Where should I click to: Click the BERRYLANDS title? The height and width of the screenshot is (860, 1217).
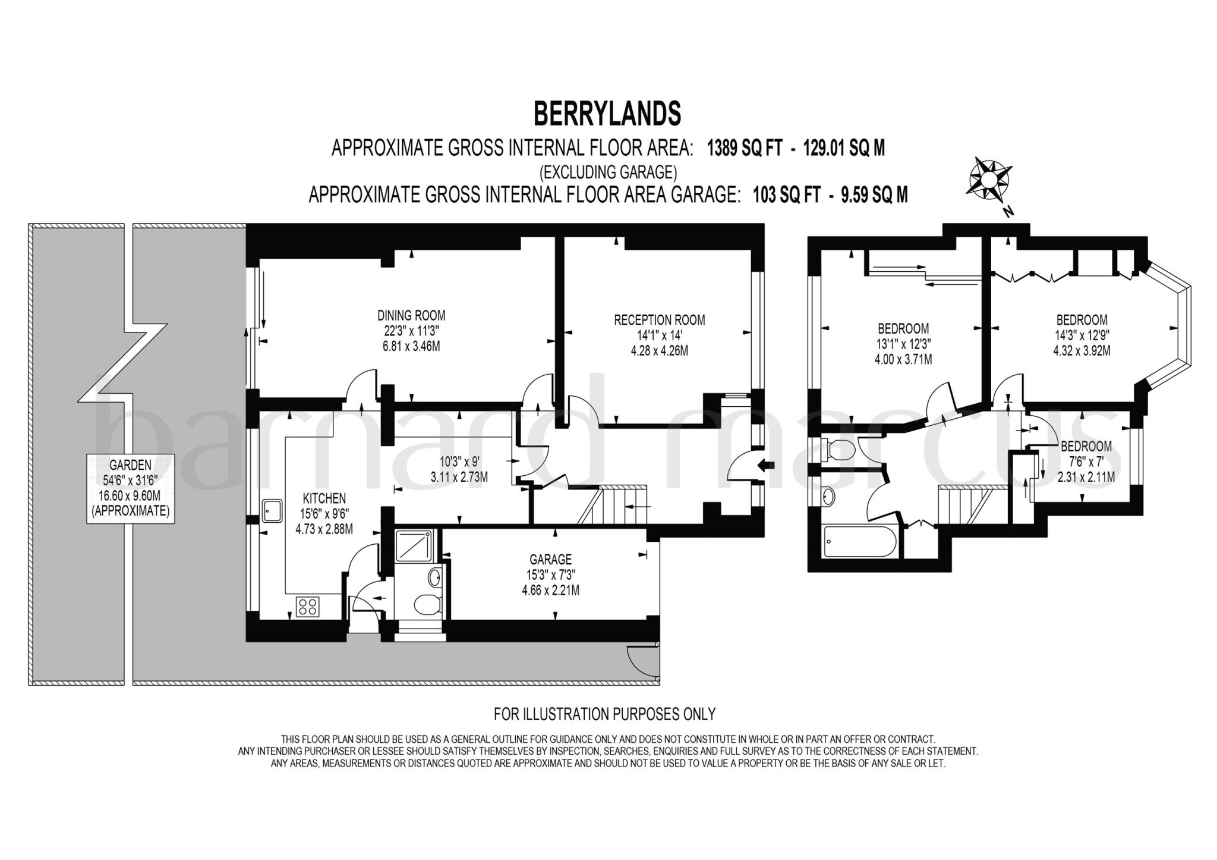(607, 114)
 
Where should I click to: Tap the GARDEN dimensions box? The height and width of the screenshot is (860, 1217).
(131, 488)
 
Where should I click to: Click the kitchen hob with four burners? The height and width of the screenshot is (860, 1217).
(308, 607)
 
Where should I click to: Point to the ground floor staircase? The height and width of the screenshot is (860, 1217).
(613, 505)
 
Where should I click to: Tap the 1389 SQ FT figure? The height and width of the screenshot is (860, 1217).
(744, 148)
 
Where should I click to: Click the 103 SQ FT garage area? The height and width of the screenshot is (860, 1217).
(787, 194)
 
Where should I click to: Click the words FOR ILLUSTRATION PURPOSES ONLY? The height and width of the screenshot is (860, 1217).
(604, 714)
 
